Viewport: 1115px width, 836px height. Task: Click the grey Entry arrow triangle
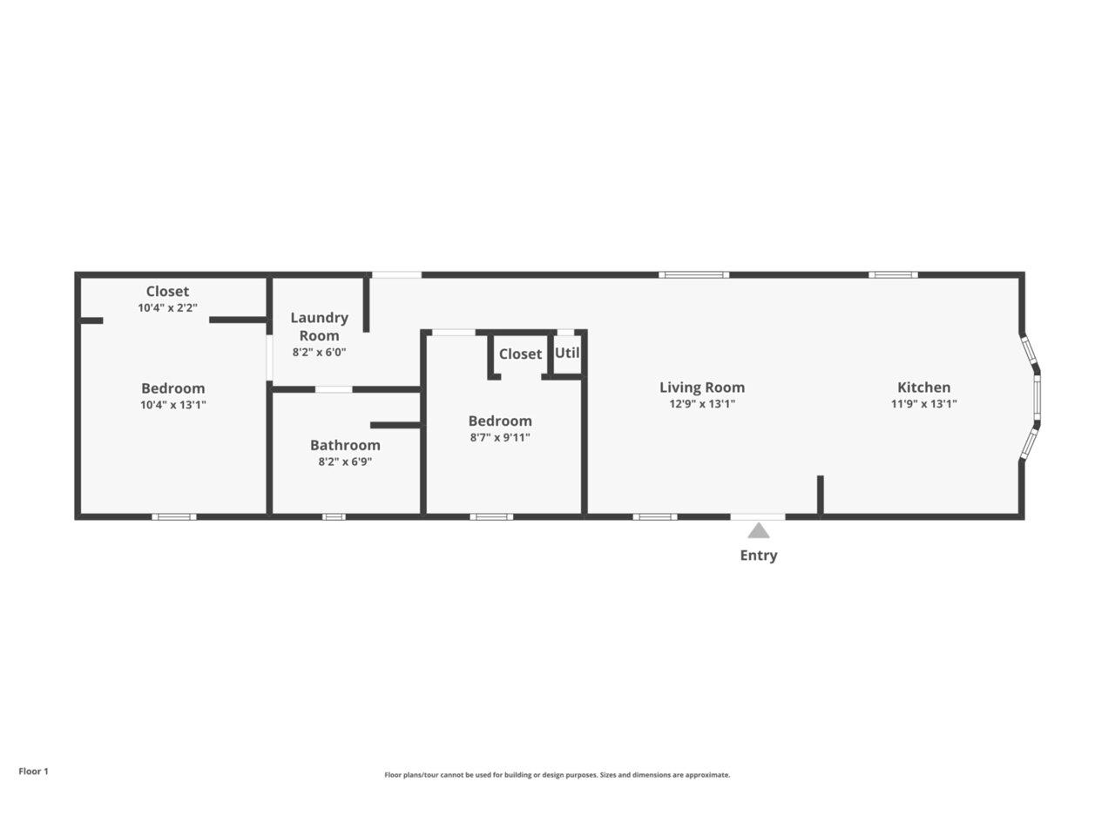[759, 531]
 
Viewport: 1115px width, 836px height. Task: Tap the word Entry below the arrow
[759, 556]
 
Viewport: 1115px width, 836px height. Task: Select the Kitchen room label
[923, 388]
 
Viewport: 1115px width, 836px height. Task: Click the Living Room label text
[701, 388]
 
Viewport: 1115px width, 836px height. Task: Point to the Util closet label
[567, 354]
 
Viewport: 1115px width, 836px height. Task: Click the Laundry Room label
[319, 327]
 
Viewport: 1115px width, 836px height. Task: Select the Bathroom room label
[345, 445]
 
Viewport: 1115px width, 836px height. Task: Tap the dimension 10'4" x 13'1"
[172, 405]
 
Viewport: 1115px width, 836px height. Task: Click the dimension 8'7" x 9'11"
[500, 438]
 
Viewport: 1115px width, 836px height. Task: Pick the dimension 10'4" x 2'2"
[167, 308]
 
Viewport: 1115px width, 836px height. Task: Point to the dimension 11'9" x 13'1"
[923, 404]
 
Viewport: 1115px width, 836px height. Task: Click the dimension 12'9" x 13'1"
[701, 404]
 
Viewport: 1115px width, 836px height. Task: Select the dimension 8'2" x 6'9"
[345, 462]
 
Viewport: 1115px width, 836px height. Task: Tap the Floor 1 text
[34, 772]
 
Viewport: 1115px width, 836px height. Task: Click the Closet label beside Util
[520, 354]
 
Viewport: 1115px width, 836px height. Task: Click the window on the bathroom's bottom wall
[334, 517]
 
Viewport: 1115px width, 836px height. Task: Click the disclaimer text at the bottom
[557, 775]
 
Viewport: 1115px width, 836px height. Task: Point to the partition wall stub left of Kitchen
[820, 496]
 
